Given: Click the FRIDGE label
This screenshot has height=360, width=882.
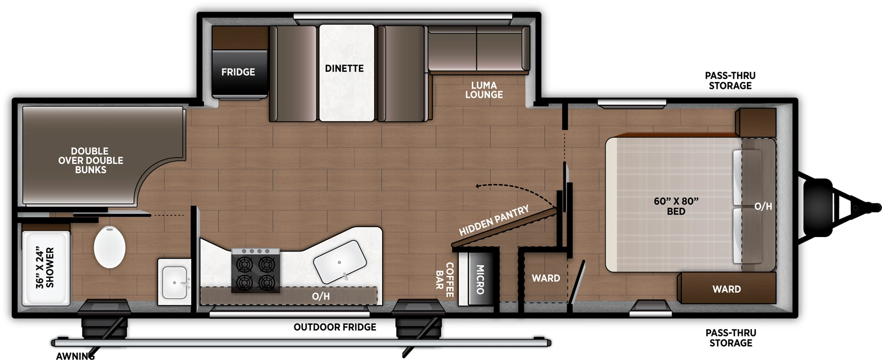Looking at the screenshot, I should coord(238,72).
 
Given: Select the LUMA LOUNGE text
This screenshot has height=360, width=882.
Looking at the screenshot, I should coord(483,90).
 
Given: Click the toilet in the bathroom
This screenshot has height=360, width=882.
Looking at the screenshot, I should coord(109,247).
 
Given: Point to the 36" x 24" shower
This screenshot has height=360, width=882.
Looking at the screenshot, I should coord(45,268).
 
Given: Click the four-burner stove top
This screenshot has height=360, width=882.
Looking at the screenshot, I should coord(256,271).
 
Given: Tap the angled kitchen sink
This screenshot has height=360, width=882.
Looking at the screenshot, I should coord(340,261).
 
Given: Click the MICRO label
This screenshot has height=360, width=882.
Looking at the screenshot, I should coord(480,279).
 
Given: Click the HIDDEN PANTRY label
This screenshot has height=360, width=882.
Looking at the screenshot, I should coord(493,220).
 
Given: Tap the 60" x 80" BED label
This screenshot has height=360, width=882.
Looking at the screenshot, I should coord(676,206).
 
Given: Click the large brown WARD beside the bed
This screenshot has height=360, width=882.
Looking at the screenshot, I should coord(726,289).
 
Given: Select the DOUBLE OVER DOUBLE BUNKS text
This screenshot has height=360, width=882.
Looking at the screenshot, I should coord(90,160).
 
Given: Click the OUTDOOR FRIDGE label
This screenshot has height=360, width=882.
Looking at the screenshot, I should coord(335,327).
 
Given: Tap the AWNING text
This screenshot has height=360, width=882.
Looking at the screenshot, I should coord(75,356).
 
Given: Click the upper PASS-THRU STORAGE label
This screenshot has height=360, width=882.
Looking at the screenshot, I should coord(730,80).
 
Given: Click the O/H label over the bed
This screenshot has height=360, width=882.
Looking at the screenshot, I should coord(763,207).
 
